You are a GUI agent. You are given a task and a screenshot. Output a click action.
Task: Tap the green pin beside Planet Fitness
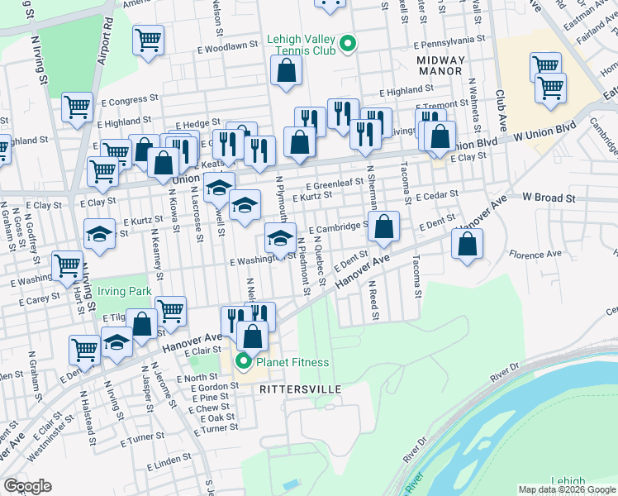[243, 362]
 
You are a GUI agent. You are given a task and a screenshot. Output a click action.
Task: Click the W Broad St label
[549, 198]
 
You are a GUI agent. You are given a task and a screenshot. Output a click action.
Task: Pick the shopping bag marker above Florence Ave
[467, 244]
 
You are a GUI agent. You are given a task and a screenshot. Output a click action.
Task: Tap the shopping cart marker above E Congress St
[77, 106]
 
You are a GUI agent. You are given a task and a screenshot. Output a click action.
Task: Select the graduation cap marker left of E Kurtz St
[98, 233]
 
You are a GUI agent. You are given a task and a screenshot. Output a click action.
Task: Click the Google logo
[27, 487]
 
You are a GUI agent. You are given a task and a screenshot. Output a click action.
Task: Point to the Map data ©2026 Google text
[566, 489]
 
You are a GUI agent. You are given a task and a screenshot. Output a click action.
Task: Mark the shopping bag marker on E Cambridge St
[383, 227]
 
